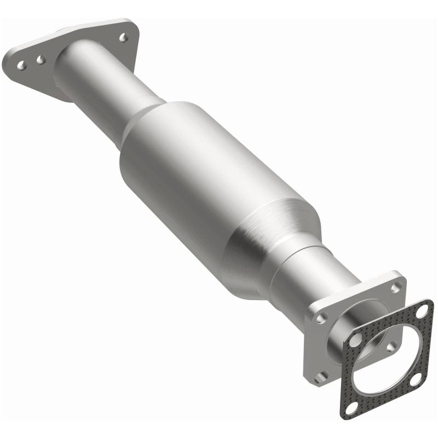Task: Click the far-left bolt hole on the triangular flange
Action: click(21, 65)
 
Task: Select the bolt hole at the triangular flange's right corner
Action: click(123, 37)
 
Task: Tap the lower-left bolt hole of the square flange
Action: click(322, 376)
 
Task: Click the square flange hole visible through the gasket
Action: click(390, 347)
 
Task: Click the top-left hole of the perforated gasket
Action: click(355, 339)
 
